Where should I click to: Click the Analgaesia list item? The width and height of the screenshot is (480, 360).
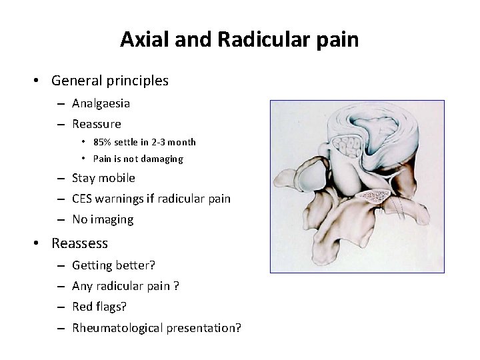click(101, 103)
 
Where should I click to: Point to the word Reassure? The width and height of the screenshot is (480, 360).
click(97, 123)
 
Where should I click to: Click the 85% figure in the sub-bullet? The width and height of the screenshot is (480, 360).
click(103, 142)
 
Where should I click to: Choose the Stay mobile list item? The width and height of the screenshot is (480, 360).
click(103, 178)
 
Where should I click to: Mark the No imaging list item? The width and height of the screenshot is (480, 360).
click(103, 219)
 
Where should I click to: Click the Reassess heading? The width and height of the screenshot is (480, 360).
click(80, 243)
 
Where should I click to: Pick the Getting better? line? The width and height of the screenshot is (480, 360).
click(113, 265)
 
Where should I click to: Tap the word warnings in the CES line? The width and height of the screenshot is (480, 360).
click(121, 199)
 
